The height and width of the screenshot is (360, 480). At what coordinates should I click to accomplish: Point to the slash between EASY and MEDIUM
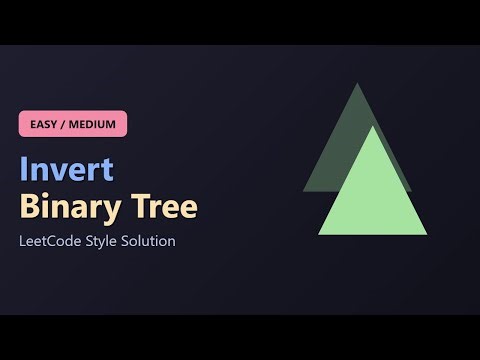point(68,124)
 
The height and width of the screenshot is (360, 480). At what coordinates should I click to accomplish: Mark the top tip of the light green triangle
point(372,126)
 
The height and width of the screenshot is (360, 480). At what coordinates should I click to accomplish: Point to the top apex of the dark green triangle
point(356,83)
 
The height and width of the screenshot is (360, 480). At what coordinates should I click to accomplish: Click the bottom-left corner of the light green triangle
point(319,234)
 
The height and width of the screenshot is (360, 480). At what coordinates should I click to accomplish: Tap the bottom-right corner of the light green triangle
point(427,234)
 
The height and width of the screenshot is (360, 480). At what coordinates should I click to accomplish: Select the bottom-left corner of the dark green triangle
point(303,190)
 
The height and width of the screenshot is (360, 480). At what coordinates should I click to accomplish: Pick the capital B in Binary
point(29,207)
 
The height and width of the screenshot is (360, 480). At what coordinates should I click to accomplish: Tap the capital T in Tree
point(137,207)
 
